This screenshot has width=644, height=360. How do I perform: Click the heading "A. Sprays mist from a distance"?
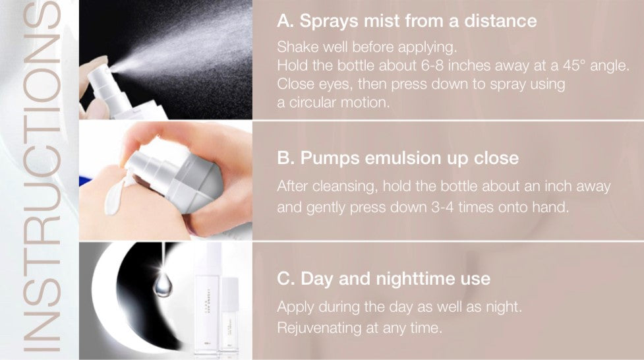407,21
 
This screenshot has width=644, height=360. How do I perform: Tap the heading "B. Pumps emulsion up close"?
397,158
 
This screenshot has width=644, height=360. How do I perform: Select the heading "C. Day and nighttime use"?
384,279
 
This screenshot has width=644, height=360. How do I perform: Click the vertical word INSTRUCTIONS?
41,177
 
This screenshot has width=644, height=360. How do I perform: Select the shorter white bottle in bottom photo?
230,315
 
